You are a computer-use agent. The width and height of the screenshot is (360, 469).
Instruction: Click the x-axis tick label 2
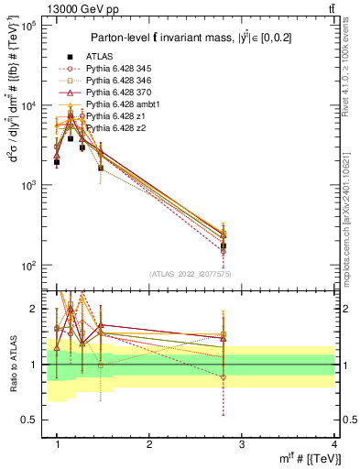point(149,444)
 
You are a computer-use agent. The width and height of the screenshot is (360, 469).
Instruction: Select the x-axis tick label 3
point(242,444)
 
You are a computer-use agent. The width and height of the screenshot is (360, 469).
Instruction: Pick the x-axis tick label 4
point(333,444)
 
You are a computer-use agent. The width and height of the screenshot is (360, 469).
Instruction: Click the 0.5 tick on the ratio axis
point(33,420)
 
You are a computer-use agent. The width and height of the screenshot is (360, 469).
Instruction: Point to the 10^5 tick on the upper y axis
point(29,26)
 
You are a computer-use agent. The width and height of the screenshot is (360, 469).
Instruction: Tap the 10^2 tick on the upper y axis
point(29,266)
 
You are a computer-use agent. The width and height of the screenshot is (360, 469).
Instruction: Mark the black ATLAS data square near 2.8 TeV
point(224,246)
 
